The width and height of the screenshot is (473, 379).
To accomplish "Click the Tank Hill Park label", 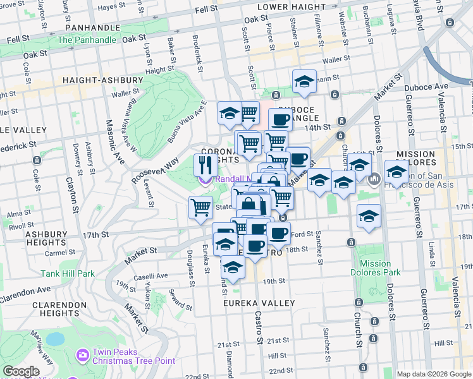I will coord(68,274).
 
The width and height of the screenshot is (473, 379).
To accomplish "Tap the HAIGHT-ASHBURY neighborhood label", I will coord(103,80).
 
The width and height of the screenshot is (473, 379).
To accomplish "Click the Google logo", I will coord(21,371).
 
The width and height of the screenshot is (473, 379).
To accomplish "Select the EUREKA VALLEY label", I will coord(259,303).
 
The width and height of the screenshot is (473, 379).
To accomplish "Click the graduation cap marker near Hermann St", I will coord(304,82).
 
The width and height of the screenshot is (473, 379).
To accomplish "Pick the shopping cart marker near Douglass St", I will coord(200,207).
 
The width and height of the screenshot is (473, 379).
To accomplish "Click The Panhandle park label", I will coord(87,40).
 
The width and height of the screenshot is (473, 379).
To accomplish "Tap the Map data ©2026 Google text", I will coord(433,373).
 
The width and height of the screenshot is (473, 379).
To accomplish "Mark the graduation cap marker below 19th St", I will coord(233,268).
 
